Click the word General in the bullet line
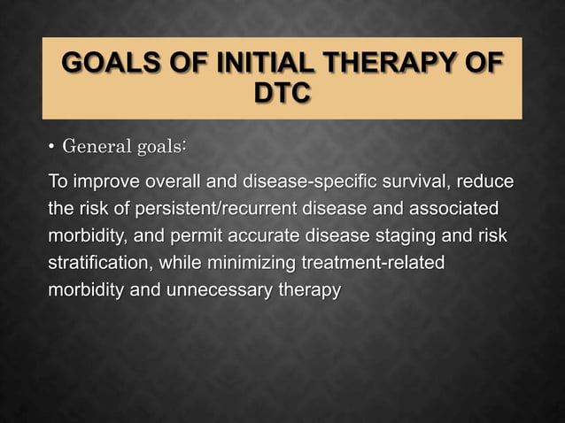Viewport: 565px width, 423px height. (97, 145)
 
